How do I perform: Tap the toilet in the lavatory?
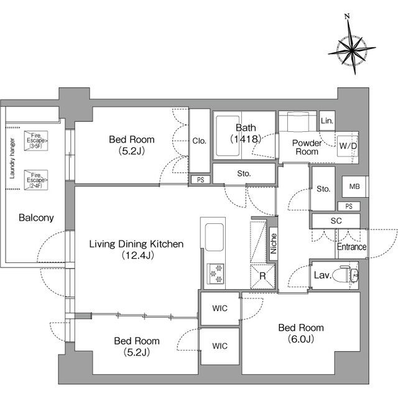pos(345,274)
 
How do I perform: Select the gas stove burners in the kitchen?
pos(216,274)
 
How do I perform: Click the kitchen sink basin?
pos(214,237)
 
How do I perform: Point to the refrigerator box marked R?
pos(262,276)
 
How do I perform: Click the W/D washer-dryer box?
pos(348,146)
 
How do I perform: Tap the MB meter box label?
pos(354,187)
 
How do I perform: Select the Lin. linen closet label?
pos(327,121)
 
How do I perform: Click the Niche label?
pos(274,244)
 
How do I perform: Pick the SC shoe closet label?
pos(336,221)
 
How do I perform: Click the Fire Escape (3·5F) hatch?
pos(36,141)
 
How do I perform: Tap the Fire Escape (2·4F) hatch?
pos(36,180)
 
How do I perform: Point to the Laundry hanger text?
pos(12,159)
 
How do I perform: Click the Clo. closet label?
pos(199,141)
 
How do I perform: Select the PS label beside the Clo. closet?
pos(200,180)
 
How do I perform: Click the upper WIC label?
pos(220,308)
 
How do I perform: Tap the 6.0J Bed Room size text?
pos(301,338)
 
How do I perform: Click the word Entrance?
pos(352,246)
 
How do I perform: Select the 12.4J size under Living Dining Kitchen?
pos(137,255)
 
